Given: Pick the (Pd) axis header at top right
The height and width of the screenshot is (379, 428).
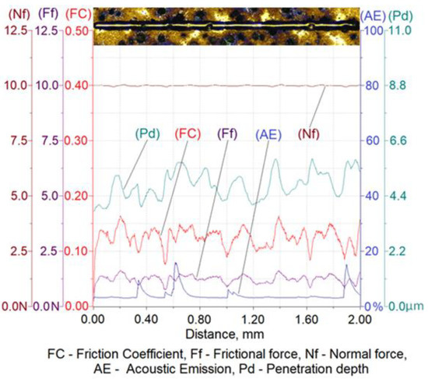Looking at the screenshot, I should pos(405,13).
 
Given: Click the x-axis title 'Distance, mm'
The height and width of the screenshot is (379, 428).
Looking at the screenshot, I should pos(226,334).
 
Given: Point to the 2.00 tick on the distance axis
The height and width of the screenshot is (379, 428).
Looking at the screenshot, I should pos(360,320).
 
